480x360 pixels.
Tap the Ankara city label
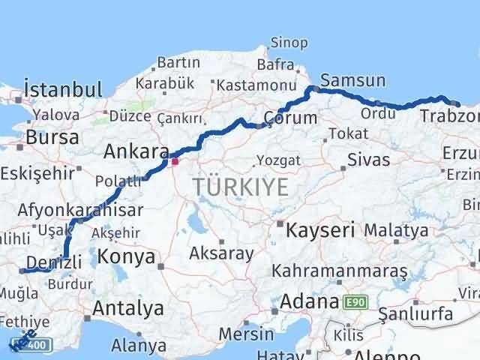136,151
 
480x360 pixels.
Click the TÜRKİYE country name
240,187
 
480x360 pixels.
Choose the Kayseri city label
320,229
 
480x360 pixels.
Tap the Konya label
126,257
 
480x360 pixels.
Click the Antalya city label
128,307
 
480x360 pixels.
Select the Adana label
309,302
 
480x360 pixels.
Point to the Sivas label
369,160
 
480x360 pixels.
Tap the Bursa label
52,138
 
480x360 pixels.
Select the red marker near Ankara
175,160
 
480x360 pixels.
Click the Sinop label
289,42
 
